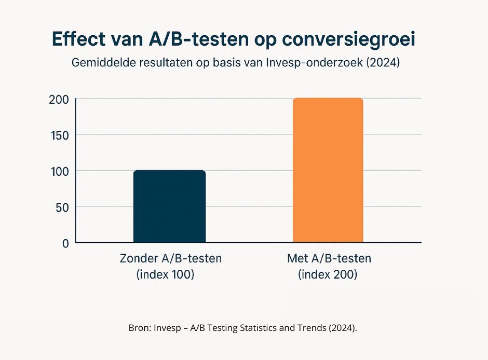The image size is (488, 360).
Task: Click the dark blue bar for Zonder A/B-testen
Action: pos(170,206)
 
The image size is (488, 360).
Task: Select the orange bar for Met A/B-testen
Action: pos(328,170)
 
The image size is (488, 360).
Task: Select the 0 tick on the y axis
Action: pos(65,243)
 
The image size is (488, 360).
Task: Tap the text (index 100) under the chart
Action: pos(165,275)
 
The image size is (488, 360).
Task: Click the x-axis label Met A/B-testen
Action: pos(329,258)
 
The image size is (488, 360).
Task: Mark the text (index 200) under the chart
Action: pos(328,275)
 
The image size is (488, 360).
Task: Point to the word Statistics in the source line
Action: pos(247,328)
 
